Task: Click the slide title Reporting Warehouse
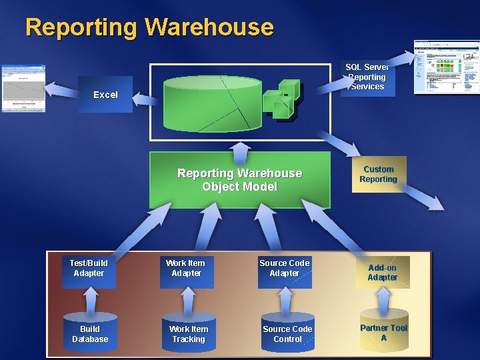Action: pyautogui.click(x=149, y=27)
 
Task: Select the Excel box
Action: pyautogui.click(x=105, y=95)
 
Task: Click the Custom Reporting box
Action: pyautogui.click(x=378, y=175)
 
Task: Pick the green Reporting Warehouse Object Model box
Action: pyautogui.click(x=239, y=180)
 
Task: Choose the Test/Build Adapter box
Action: pyautogui.click(x=89, y=269)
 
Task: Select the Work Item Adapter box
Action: pyautogui.click(x=187, y=269)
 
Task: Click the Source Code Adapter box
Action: pyautogui.click(x=285, y=269)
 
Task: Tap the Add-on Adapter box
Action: pyautogui.click(x=382, y=273)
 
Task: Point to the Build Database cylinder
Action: pyautogui.click(x=90, y=333)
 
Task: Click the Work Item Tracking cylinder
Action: pyautogui.click(x=188, y=333)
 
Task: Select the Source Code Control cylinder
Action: pyautogui.click(x=287, y=333)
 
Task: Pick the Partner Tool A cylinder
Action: pyautogui.click(x=383, y=332)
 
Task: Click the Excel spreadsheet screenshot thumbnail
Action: pyautogui.click(x=23, y=88)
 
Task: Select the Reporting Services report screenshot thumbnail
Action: pyautogui.click(x=446, y=67)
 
